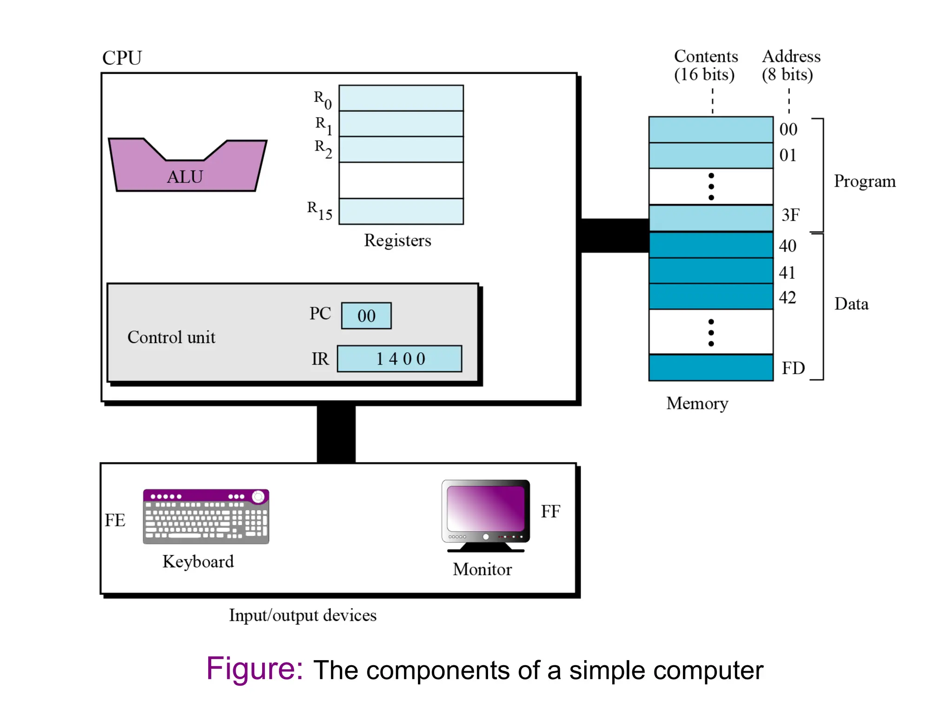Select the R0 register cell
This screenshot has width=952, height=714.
click(x=401, y=98)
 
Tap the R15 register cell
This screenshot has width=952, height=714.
click(x=401, y=212)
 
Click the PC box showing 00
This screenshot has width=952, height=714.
click(x=366, y=316)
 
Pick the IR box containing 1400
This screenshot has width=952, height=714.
click(x=400, y=359)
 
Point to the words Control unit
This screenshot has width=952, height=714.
click(x=171, y=337)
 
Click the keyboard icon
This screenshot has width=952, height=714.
click(x=206, y=516)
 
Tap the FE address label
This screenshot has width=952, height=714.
click(x=115, y=520)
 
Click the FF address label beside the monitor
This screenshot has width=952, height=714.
click(x=550, y=512)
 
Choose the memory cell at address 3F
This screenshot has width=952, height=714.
click(x=711, y=218)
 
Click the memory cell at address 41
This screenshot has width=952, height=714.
click(x=711, y=271)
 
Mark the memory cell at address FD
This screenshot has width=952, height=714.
click(x=711, y=368)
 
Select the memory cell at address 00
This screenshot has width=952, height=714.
click(x=711, y=130)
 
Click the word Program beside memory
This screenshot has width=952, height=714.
click(x=865, y=181)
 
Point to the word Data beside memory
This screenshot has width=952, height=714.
click(x=851, y=304)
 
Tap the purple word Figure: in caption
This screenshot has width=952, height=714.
click(x=255, y=669)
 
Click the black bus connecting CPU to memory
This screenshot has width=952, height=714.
click(x=615, y=236)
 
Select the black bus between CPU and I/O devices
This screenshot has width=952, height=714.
click(x=336, y=434)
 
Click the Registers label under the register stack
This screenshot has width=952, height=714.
click(x=397, y=240)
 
